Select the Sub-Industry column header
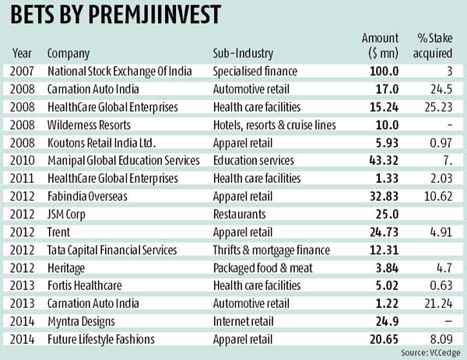point(243,54)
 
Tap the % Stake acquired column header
point(436,47)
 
